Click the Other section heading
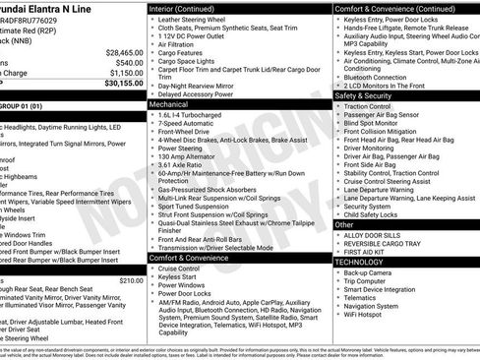click(344, 225)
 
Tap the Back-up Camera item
click(370, 272)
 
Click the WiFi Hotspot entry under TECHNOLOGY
click(366, 315)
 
